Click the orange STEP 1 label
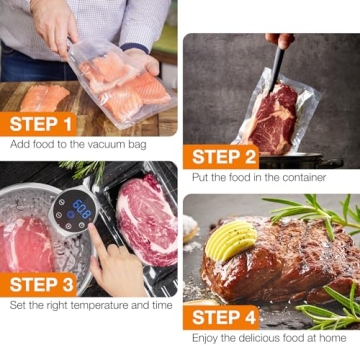pos(41,124)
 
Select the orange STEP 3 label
pos(41,283)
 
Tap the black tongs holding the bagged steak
pos(275,70)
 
